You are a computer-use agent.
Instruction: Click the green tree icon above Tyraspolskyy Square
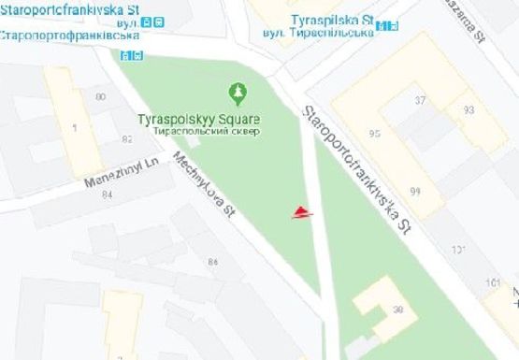pyautogui.click(x=238, y=92)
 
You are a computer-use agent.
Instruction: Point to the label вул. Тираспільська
pyautogui.click(x=318, y=31)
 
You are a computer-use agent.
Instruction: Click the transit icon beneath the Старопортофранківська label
pyautogui.click(x=127, y=53)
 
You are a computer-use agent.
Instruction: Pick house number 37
pyautogui.click(x=420, y=100)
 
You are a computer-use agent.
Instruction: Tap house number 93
pyautogui.click(x=468, y=109)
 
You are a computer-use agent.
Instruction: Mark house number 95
pyautogui.click(x=376, y=134)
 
